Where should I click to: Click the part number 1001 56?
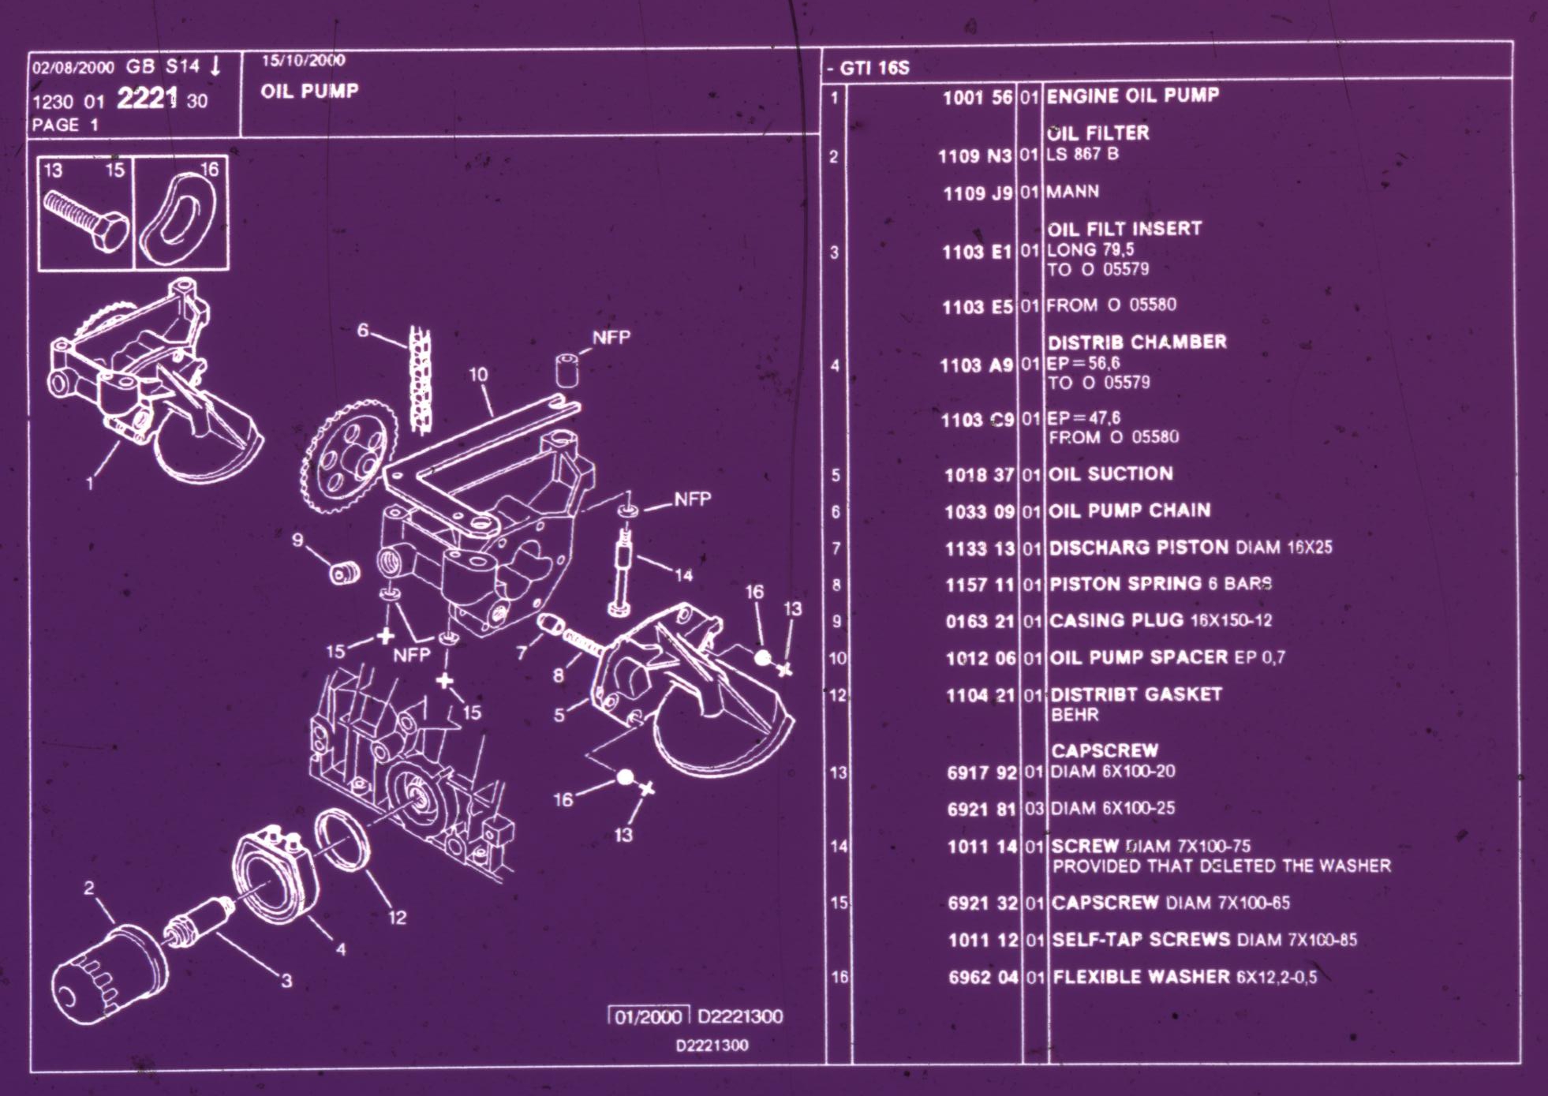(x=977, y=98)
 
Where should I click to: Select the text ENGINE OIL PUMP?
(x=1132, y=95)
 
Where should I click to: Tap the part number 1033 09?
(x=979, y=512)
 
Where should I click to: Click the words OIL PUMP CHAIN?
(x=1129, y=511)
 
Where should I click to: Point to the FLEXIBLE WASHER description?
(x=1183, y=977)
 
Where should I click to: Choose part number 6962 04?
(x=983, y=978)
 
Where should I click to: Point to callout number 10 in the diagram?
(x=478, y=374)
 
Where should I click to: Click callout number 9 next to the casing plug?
(x=297, y=540)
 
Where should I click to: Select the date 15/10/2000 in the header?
(x=303, y=61)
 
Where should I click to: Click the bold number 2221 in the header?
(x=147, y=99)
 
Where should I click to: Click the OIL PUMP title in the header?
(x=309, y=91)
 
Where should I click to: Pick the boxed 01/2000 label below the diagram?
(x=648, y=1016)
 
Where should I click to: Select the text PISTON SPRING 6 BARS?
(x=1160, y=584)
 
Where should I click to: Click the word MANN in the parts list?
(x=1072, y=192)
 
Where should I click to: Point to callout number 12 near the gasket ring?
(x=397, y=917)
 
